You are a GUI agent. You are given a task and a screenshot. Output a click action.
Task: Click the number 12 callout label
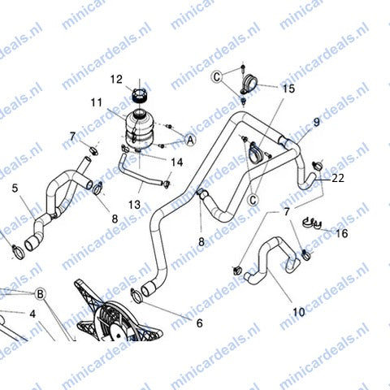pos(116,80)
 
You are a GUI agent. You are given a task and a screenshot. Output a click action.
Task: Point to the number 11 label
pos(97,102)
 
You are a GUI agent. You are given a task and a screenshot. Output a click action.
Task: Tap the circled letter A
pos(190,140)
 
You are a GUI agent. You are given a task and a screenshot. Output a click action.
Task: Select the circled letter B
pos(40,294)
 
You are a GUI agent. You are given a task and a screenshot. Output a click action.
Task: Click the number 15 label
pos(288,89)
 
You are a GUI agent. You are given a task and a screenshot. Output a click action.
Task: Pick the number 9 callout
pos(316,122)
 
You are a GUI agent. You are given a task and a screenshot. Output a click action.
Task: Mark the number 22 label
pos(338,178)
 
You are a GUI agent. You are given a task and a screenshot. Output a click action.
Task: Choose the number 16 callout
pos(342,233)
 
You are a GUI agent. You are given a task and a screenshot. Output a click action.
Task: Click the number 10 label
pos(299,312)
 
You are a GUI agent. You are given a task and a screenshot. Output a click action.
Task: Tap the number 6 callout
pos(199,323)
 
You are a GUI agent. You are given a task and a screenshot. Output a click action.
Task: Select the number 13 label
pos(135,205)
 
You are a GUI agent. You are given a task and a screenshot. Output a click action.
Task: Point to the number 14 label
pos(177,162)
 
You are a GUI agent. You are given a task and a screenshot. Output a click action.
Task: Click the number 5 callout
pos(15,188)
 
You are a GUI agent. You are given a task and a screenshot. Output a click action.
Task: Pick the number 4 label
pos(32,314)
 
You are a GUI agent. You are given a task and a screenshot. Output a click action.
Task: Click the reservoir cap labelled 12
pos(140,96)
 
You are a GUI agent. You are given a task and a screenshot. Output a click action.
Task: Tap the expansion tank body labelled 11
pos(139,128)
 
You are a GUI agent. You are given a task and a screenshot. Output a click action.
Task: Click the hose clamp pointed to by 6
pos(136,296)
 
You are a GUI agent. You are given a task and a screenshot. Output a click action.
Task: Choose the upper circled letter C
pos(217,77)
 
